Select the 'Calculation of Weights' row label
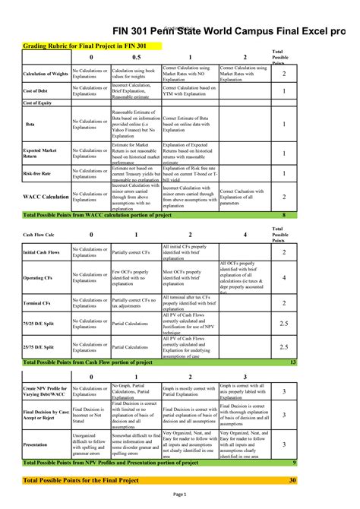tap(46, 74)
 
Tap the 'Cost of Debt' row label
tap(37, 91)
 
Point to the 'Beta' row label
tap(30, 122)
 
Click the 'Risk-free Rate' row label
tap(38, 174)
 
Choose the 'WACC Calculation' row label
tap(46, 196)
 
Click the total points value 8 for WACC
tap(283, 216)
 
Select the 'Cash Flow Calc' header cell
tap(38, 236)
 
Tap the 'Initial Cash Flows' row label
tap(42, 252)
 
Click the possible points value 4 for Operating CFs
tap(283, 278)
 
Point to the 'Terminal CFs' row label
tap(38, 303)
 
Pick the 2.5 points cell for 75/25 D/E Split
tap(283, 324)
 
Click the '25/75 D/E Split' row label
tap(39, 347)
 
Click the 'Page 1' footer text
tap(180, 495)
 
